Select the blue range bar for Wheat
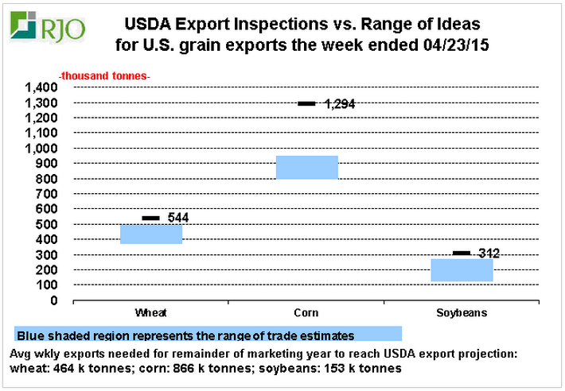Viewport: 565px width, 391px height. click(x=151, y=234)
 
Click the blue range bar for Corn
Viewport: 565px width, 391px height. click(x=307, y=168)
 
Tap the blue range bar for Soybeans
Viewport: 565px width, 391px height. click(x=462, y=270)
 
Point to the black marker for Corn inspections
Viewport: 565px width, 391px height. click(x=307, y=103)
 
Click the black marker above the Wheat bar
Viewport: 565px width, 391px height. click(x=151, y=218)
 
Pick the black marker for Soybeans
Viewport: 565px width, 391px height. click(x=462, y=253)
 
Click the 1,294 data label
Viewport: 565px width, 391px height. click(x=338, y=104)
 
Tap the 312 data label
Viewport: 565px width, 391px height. click(x=488, y=254)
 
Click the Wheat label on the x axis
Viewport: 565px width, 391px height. click(x=151, y=312)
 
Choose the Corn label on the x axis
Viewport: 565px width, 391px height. click(x=306, y=312)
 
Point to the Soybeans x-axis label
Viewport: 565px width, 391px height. click(x=462, y=312)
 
